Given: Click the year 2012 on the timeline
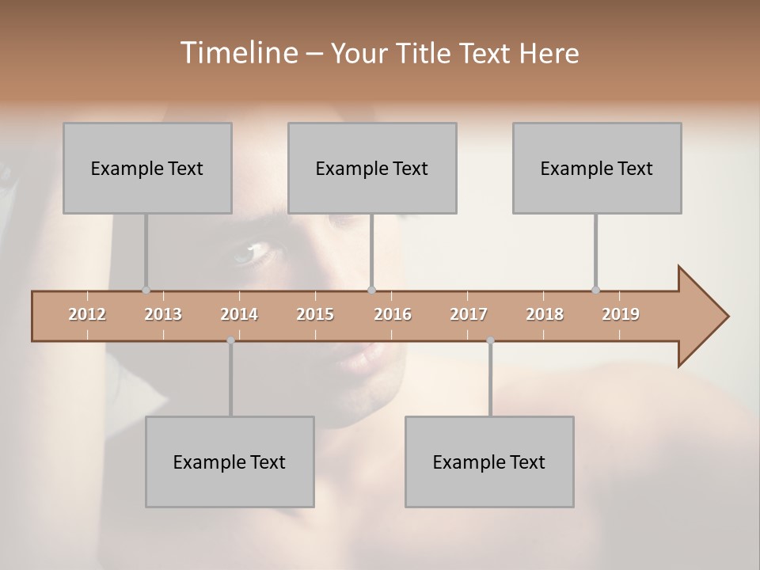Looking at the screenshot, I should tap(87, 314).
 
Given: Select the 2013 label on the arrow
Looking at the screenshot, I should tap(163, 314).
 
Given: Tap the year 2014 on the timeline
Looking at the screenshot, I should tap(239, 314).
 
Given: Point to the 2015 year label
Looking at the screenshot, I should tap(315, 314).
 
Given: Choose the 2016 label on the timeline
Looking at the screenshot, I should tap(393, 314).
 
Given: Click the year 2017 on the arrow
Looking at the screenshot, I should tap(469, 314).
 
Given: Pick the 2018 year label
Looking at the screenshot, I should tap(545, 314).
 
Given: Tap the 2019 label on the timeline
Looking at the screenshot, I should tap(621, 314).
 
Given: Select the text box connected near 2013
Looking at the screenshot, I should tap(147, 168).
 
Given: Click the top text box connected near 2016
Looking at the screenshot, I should tap(372, 168).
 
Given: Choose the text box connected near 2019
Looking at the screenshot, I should tap(597, 168).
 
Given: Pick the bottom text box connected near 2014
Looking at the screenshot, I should tap(230, 462).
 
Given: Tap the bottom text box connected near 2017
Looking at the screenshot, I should tap(489, 462).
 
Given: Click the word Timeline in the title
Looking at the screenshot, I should tap(237, 53).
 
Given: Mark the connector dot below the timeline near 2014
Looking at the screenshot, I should tap(230, 340).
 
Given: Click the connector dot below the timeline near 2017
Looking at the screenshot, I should tap(490, 340).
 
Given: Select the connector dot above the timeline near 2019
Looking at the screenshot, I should tap(595, 290).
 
